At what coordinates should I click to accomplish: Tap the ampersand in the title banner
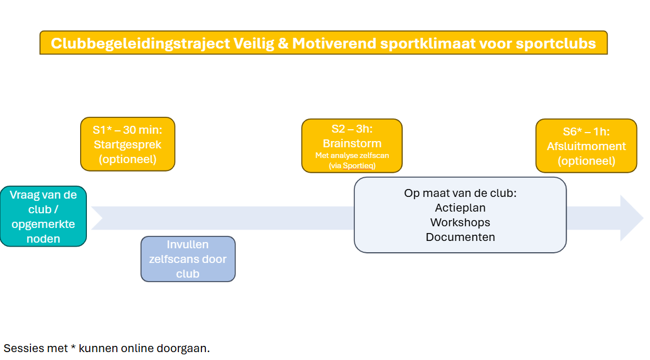283,43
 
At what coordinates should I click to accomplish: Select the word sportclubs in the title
556,43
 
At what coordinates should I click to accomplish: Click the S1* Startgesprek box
128,144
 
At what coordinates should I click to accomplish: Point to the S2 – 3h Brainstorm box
352,146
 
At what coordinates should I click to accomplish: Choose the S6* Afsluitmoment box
586,146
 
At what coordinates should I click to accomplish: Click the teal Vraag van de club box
43,216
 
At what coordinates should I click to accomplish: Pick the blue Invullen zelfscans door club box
188,259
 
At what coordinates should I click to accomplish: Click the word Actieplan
460,208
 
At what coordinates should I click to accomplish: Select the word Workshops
460,222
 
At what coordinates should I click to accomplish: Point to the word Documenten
460,237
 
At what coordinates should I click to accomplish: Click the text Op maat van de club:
460,193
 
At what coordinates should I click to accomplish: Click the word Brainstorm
352,143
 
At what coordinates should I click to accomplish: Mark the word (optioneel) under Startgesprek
128,159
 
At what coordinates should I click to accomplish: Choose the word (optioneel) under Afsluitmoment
586,161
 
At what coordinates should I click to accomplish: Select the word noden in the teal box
43,239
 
